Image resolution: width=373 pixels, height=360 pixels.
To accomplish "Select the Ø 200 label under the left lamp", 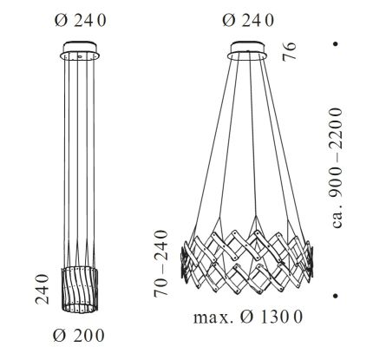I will tap(79, 334).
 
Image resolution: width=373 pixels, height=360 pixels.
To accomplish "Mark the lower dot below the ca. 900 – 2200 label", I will tap(335, 297).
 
